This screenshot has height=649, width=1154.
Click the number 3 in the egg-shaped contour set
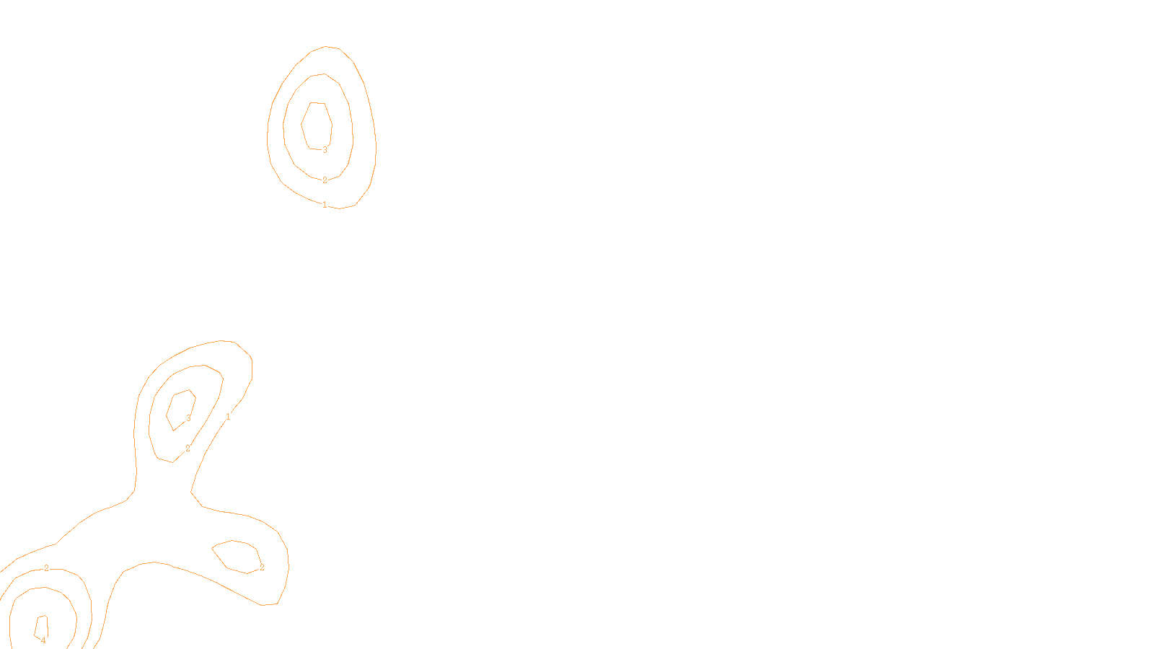(x=325, y=150)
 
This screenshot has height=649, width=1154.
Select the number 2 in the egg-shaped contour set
(x=325, y=180)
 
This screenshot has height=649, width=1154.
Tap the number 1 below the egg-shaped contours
(x=325, y=205)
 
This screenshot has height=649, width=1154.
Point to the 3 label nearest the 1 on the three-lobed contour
(x=189, y=418)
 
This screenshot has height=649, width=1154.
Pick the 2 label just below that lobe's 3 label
(x=188, y=449)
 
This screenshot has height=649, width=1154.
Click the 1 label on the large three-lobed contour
(x=228, y=417)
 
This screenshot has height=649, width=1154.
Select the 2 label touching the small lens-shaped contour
(x=262, y=568)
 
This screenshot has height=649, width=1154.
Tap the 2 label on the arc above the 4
(x=46, y=568)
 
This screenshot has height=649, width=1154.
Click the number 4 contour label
(x=43, y=640)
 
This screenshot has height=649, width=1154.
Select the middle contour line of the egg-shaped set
(x=353, y=137)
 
